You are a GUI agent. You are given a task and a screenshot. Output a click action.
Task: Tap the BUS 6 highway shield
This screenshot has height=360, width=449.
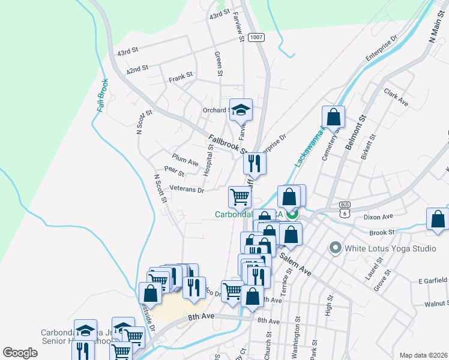(344, 209)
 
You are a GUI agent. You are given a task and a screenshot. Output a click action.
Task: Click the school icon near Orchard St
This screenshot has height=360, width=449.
(241, 110)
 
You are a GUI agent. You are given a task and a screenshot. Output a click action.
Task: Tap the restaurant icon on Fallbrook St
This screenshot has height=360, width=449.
(255, 163)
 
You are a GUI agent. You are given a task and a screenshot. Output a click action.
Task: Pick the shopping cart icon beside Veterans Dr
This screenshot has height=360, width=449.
(240, 196)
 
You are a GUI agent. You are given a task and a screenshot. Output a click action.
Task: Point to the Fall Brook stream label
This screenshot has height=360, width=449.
(103, 95)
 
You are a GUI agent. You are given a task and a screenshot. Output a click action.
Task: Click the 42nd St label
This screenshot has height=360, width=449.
(137, 70)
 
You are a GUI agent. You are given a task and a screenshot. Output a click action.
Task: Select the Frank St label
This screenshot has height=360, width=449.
(180, 77)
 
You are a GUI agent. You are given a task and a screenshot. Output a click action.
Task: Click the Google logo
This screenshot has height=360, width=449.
(20, 353)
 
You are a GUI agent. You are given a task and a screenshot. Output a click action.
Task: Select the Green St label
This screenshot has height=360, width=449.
(218, 64)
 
